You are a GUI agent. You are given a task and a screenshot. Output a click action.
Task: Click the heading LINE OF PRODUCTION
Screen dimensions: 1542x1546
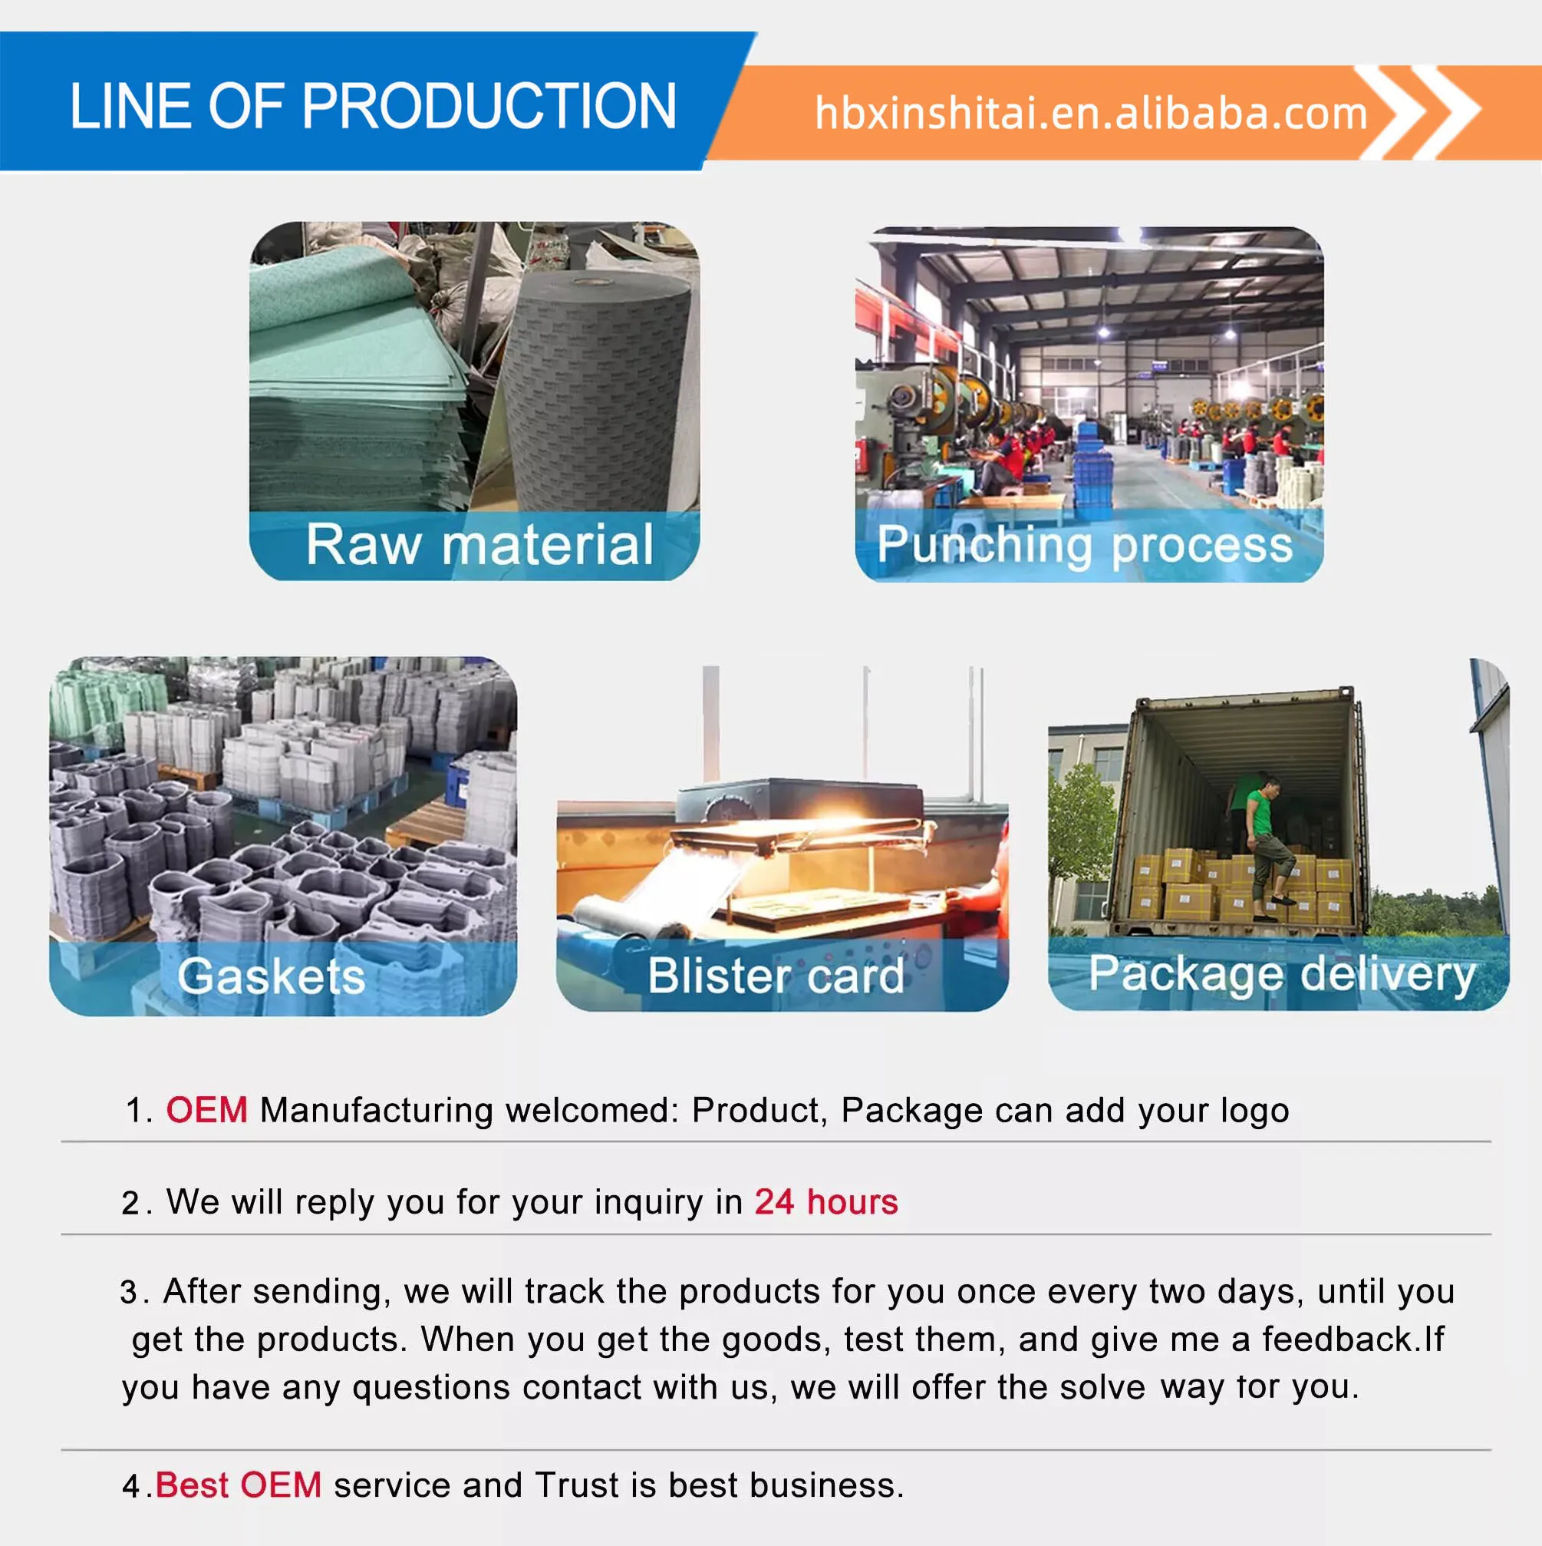tap(373, 106)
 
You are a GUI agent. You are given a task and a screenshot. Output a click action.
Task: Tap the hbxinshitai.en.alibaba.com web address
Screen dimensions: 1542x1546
tap(1091, 113)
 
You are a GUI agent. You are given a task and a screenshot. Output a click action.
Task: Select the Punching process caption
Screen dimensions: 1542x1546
tap(1085, 546)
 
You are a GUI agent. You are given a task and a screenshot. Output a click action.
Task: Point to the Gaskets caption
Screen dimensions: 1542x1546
tap(271, 976)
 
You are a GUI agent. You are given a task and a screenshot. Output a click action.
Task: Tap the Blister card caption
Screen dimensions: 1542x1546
tap(776, 976)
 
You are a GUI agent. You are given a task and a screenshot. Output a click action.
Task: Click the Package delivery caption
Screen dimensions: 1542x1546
tap(1281, 976)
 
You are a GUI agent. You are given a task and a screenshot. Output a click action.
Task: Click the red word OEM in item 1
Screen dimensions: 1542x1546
tap(206, 1111)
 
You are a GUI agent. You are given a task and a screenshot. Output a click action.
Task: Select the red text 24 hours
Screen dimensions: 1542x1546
tap(826, 1202)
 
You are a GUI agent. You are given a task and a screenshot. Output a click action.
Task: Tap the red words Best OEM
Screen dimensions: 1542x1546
tap(239, 1485)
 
